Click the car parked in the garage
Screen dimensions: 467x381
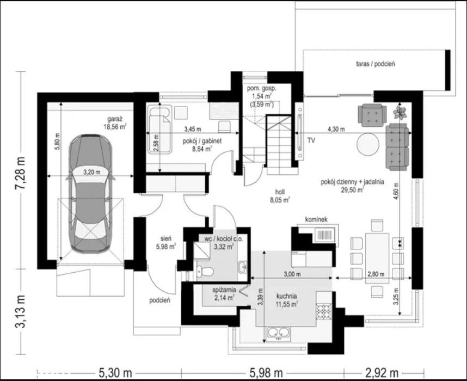[x=90, y=194]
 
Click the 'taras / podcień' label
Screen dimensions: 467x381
[x=376, y=64]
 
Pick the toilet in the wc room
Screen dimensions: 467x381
[x=205, y=271]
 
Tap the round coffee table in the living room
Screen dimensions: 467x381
[x=368, y=144]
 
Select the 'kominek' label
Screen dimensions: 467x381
[x=316, y=219]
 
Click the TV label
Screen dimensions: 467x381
[x=311, y=140]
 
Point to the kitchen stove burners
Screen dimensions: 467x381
[x=324, y=311]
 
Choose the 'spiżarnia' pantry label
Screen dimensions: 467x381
[x=224, y=290]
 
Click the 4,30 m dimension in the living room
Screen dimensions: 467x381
[x=336, y=130]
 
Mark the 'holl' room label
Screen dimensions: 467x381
[x=280, y=192]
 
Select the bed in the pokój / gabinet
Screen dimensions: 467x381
[x=159, y=130]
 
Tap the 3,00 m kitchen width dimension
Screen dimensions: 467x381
[x=292, y=274]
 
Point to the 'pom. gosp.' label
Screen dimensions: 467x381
[x=262, y=88]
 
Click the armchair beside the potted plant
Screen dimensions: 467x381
[x=372, y=115]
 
